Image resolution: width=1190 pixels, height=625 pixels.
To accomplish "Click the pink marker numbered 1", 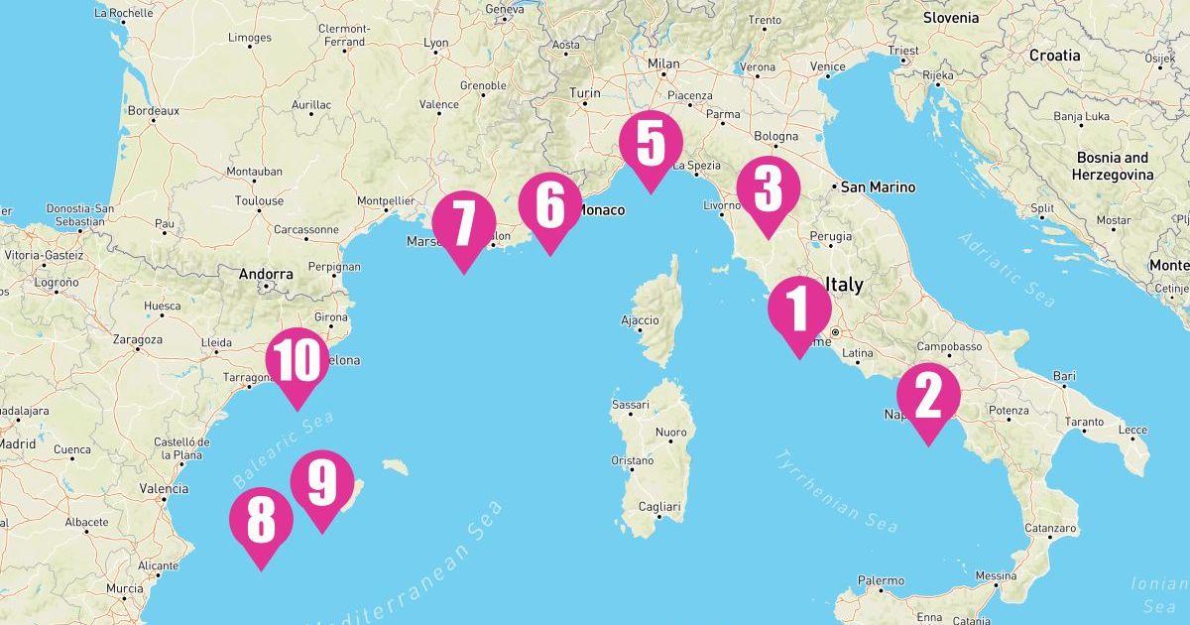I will coord(798,310).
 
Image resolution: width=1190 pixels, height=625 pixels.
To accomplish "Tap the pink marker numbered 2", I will coord(928,398).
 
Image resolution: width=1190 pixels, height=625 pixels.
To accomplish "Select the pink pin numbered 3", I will coord(768,189).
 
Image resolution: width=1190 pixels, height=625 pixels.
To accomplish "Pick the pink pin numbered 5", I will coord(651,144).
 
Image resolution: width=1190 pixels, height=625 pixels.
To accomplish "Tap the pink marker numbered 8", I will coord(261,521).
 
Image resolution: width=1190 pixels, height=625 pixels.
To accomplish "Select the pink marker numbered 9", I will coord(321,484).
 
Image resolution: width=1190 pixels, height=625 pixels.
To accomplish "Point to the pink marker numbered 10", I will coord(297,362).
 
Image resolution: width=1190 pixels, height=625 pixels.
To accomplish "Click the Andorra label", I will coord(266,274).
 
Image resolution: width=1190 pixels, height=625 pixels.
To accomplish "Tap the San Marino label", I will coord(878,187).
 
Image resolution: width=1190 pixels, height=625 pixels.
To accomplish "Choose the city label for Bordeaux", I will coord(153,110).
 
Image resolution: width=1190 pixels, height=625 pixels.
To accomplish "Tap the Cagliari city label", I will coord(658,507).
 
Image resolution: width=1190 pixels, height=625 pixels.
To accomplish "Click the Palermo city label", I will coord(881,580).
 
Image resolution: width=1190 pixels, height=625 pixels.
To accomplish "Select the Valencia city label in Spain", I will coord(164,488).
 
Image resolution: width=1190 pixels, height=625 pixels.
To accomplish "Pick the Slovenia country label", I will coord(950,17).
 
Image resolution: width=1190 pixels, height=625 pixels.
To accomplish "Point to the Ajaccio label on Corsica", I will coord(640,319).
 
